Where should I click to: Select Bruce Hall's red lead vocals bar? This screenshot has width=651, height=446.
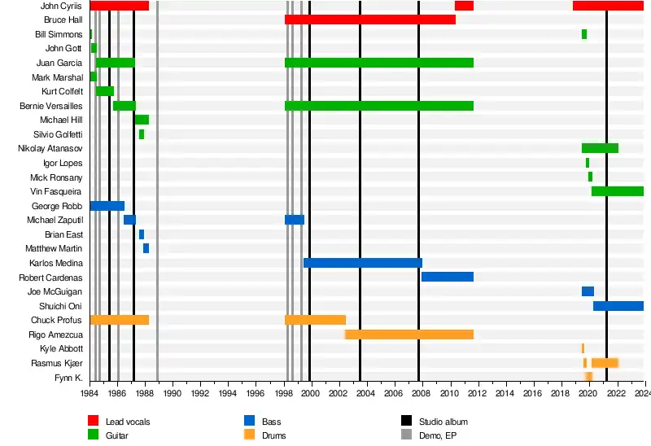[369, 20]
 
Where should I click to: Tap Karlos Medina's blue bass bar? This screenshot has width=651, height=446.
[362, 263]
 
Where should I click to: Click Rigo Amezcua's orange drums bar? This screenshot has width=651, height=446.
[409, 334]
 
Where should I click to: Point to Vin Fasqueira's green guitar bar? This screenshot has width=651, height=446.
[617, 191]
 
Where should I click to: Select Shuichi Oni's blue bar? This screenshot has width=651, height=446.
[618, 306]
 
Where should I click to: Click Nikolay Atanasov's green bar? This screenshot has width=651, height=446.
[600, 148]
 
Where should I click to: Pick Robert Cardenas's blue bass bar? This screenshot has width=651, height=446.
[447, 277]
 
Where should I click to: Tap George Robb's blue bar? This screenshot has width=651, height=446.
[107, 206]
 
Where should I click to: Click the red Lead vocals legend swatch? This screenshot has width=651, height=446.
[94, 422]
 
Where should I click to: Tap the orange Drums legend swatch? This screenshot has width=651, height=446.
[250, 435]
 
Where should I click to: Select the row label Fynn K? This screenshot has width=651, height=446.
[68, 378]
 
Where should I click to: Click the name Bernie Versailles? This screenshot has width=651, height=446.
[51, 106]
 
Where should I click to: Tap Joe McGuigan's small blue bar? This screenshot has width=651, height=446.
[588, 291]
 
